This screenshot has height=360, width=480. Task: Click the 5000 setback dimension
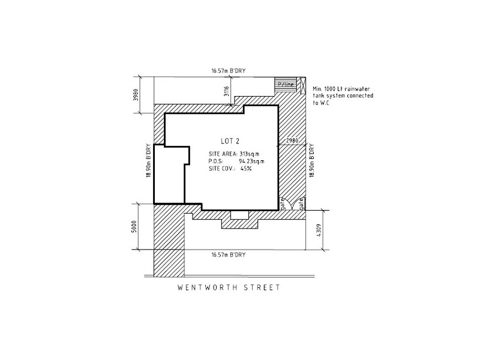(x=136, y=227)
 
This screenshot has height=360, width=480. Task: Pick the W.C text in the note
(x=327, y=103)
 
